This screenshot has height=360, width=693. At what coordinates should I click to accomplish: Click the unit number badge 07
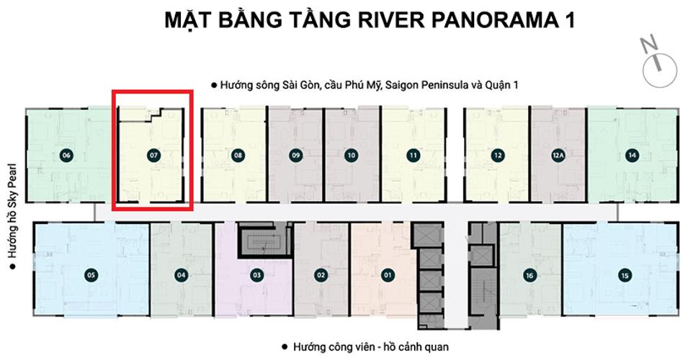coord(153,155)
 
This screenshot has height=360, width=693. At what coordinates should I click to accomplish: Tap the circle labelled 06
coord(66,155)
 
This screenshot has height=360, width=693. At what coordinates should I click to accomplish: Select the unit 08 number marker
coord(238,155)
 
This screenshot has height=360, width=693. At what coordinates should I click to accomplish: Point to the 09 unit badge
coord(295,155)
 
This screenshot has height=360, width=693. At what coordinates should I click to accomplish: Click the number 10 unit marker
coord(351,155)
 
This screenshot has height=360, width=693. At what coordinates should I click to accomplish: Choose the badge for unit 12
coord(498,155)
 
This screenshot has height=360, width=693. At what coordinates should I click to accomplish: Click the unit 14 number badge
coord(632,155)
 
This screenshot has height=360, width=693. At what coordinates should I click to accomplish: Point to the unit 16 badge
coord(529,274)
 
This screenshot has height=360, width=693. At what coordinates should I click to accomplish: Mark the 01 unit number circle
coord(387,274)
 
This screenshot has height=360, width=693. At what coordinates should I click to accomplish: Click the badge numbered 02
coord(321,274)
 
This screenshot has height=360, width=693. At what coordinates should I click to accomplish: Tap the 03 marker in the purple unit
coord(256,274)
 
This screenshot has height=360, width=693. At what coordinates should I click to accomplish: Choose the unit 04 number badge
coord(181,274)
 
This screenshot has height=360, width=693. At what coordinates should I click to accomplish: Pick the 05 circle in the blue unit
coord(91,274)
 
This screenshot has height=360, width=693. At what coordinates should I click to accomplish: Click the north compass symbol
coord(658,58)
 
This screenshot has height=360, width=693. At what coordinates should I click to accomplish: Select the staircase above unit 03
coord(262,239)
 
